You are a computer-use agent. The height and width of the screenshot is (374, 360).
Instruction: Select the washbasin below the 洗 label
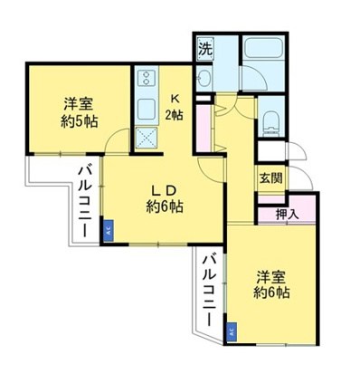pos(205,80)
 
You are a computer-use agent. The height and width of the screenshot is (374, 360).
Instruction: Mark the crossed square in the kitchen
pos(146,139)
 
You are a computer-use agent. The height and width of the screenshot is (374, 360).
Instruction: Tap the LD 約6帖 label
pos(165,198)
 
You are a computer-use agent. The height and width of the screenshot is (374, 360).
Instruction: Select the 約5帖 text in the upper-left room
pos(81,122)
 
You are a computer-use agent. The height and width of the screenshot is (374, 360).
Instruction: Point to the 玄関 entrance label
pos(270,177)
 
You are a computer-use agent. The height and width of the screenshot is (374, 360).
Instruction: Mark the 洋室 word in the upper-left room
pos(80,103)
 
